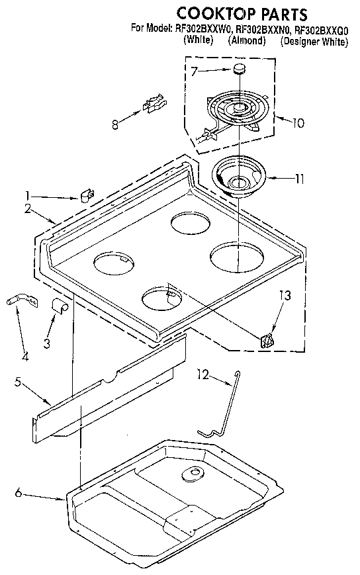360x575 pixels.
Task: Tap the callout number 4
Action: click(x=24, y=357)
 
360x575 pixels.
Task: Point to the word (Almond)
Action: click(x=247, y=41)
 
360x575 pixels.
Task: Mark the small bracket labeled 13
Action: click(x=267, y=341)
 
